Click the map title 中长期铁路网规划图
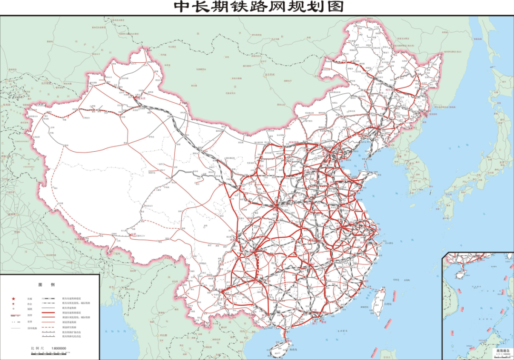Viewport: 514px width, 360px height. (257, 7)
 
